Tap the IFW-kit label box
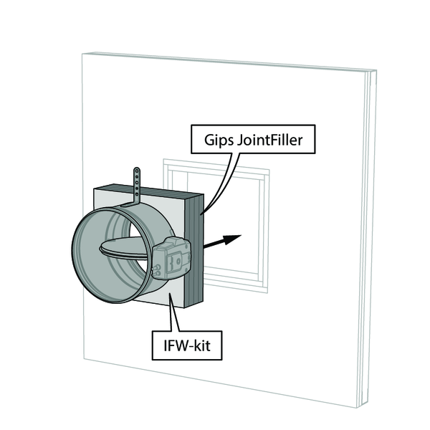187,345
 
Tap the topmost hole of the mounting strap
137,171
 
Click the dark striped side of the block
194,250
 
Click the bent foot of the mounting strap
130,204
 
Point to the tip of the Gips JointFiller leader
201,215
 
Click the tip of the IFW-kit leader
170,294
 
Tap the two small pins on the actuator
158,269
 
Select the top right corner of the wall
376,70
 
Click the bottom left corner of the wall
84,359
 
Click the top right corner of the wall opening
269,170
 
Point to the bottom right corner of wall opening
267,293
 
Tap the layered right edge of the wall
368,239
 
